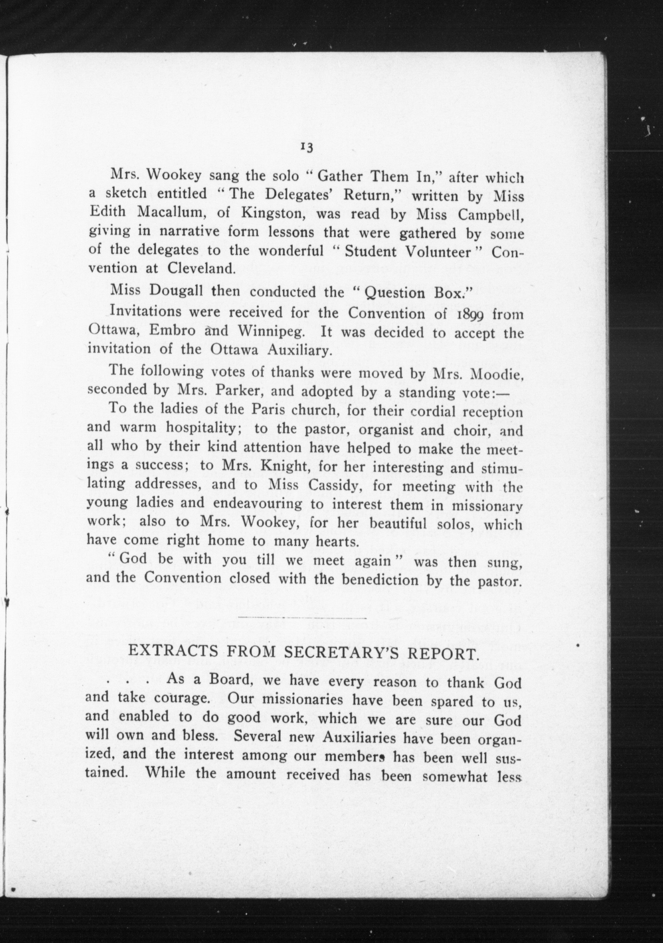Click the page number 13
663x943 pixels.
[x=307, y=147]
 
